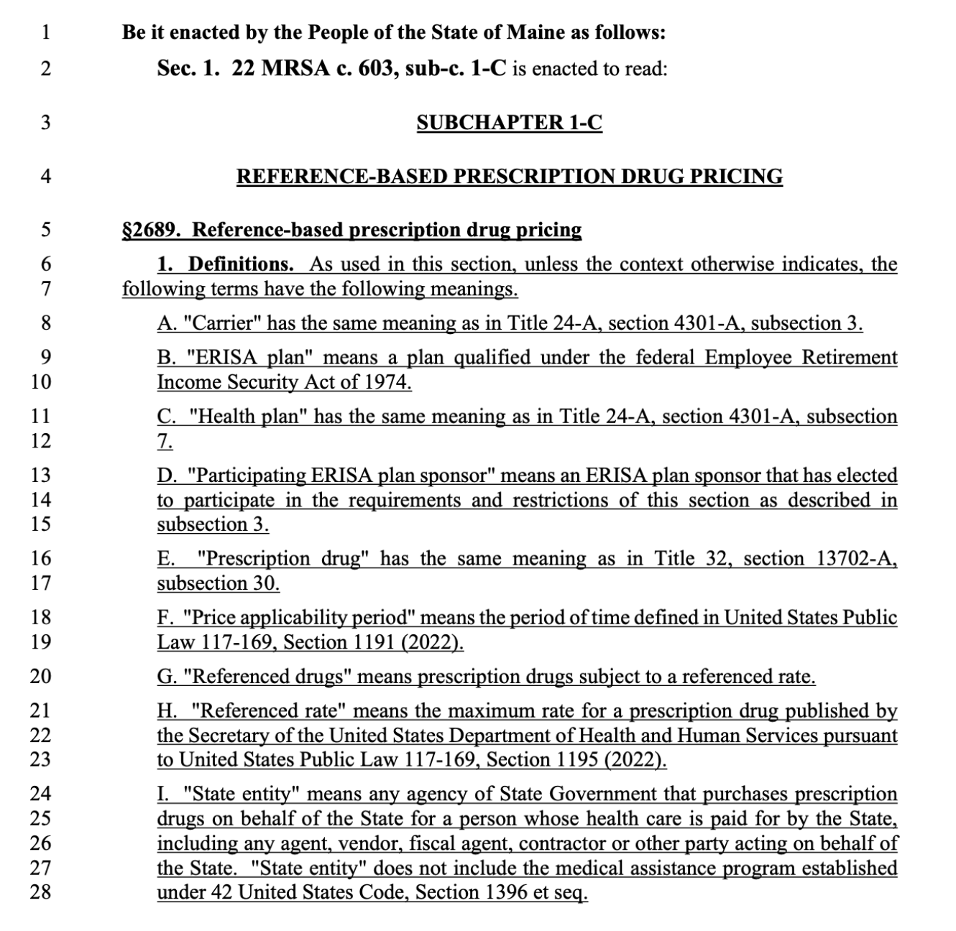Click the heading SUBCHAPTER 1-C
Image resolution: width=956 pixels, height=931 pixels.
click(509, 123)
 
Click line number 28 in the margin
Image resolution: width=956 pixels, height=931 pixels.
click(42, 892)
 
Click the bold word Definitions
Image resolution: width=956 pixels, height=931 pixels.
click(241, 264)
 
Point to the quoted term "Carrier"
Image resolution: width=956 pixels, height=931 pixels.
click(222, 323)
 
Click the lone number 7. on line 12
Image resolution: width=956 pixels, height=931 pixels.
click(165, 441)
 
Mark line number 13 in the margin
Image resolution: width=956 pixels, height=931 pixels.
click(42, 476)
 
